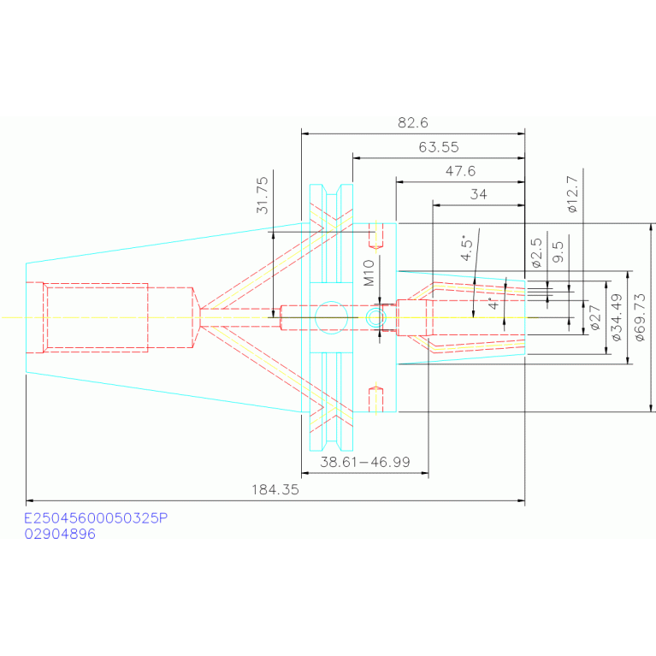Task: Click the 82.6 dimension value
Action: (412, 122)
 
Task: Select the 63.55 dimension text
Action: (439, 147)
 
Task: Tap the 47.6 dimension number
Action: (460, 171)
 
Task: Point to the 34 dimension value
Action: (478, 194)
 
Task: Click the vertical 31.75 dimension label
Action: (263, 195)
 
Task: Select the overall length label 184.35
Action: (275, 489)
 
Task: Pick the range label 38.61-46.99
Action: (365, 462)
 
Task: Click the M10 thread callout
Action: (369, 273)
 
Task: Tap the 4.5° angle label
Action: (466, 248)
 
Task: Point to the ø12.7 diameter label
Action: (572, 194)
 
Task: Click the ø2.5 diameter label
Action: (536, 252)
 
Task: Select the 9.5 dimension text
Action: (558, 251)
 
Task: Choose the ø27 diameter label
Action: (594, 317)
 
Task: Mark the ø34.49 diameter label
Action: (617, 317)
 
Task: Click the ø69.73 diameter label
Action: (640, 317)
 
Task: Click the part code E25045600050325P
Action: (96, 518)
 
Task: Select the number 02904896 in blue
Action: (60, 534)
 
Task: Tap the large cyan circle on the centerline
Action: (331, 317)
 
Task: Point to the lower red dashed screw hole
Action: (375, 400)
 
